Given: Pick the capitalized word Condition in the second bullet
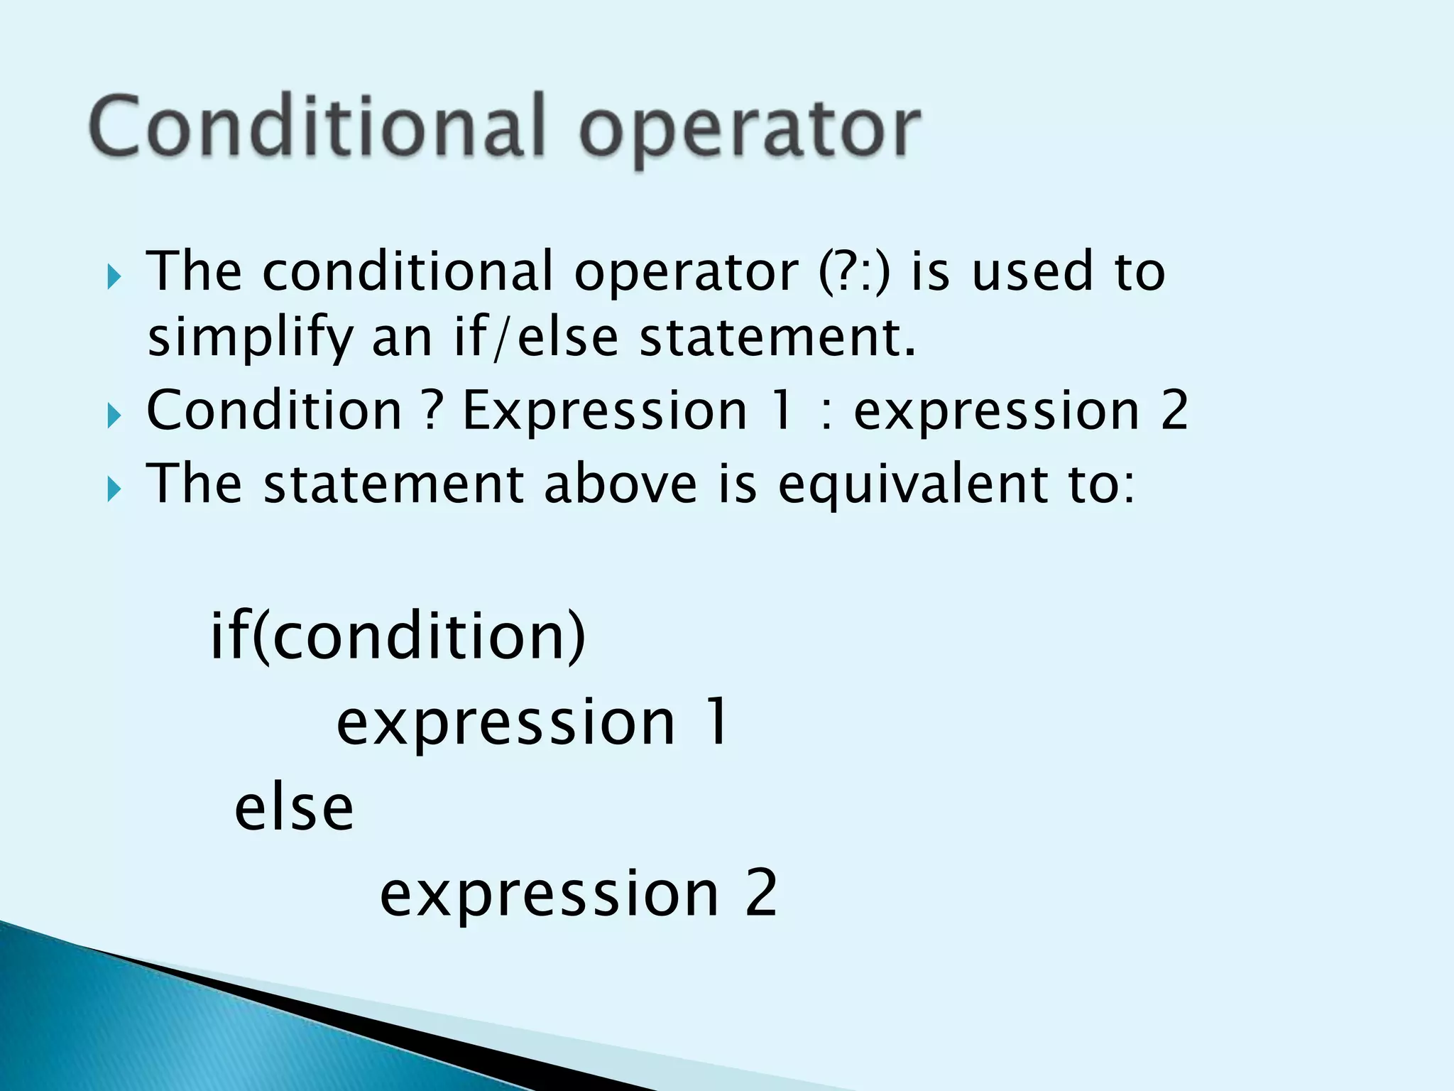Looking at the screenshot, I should [x=274, y=411].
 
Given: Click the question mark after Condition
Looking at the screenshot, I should [x=432, y=411].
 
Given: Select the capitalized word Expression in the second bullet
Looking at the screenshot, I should [x=605, y=411].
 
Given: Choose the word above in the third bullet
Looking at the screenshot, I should [x=621, y=484].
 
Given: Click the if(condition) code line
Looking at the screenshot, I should [x=398, y=636].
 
